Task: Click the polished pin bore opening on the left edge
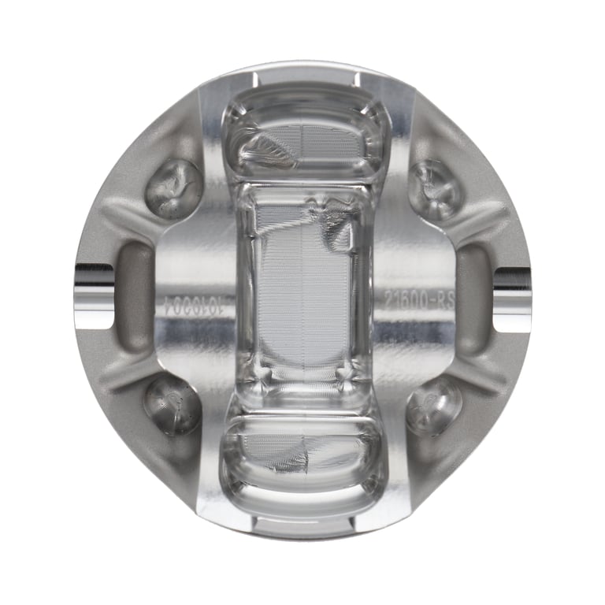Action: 94,297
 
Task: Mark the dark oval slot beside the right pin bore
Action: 473,297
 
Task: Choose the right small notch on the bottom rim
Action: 351,521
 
